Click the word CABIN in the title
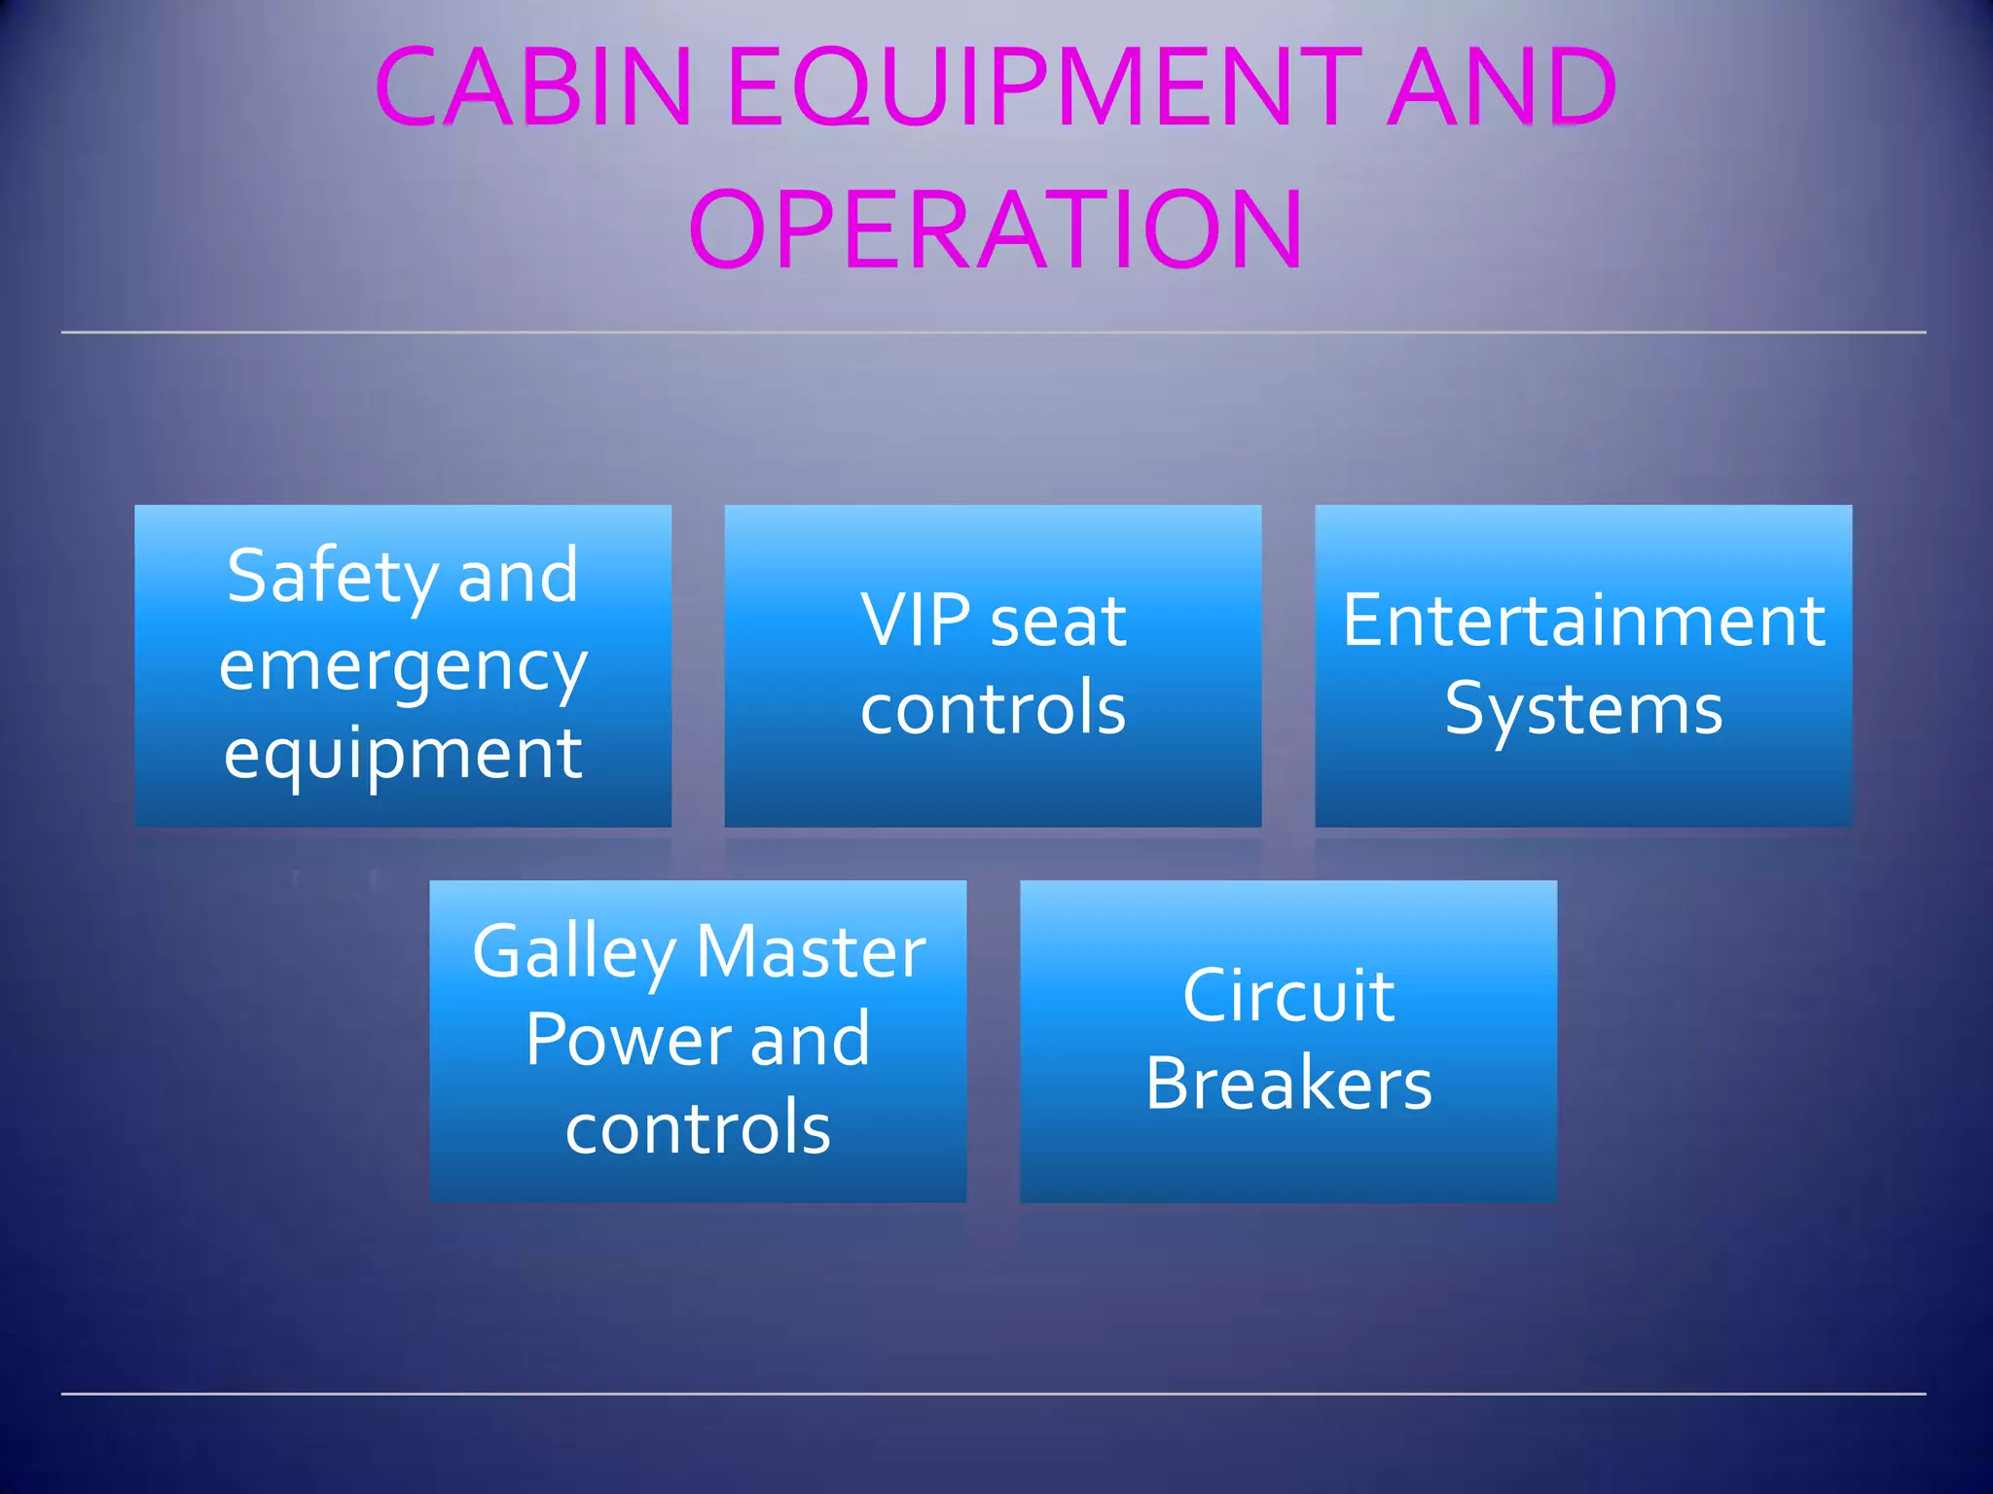(533, 88)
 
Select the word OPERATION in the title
(996, 231)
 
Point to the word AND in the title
(1502, 88)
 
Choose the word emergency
(403, 667)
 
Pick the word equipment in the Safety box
(403, 755)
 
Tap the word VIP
(915, 621)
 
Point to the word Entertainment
(1583, 621)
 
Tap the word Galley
(573, 953)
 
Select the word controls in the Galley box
(698, 1128)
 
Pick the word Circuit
(1288, 996)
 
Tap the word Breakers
(1288, 1084)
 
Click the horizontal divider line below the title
(993, 333)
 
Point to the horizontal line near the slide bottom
(993, 1394)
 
